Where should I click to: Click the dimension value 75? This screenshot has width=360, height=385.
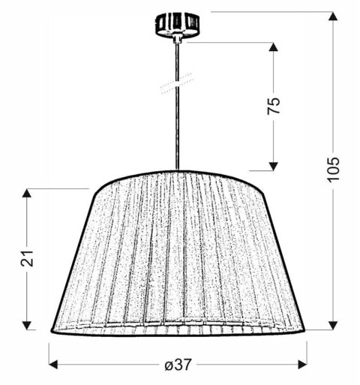[x=274, y=105]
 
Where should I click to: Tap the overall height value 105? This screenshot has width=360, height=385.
[x=334, y=171]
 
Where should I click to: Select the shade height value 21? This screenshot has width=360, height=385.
[x=28, y=259]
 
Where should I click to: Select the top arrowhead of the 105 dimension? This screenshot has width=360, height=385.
[x=334, y=17]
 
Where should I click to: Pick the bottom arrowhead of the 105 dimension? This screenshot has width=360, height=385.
[x=334, y=325]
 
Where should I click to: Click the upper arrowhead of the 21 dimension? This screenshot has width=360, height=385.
[x=28, y=193]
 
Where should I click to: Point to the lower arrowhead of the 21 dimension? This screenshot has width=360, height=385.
[x=28, y=325]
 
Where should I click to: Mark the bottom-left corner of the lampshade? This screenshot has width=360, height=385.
[x=52, y=330]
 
